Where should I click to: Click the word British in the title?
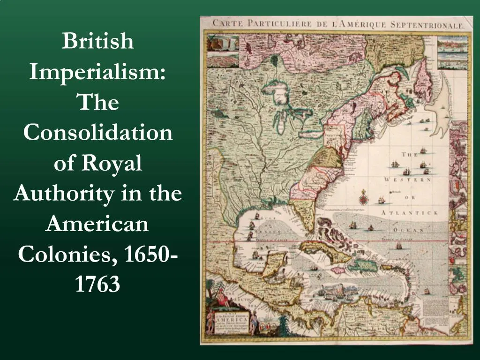click(98, 42)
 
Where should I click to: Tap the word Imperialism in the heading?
click(98, 72)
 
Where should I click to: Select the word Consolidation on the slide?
click(98, 133)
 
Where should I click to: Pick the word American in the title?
click(98, 224)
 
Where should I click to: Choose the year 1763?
click(98, 285)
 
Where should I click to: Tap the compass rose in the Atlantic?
click(363, 199)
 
